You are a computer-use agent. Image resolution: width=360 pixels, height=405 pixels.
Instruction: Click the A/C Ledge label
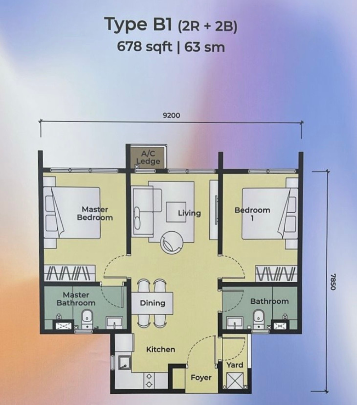(148, 157)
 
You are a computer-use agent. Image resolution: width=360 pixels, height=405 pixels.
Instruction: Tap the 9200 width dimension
(171, 115)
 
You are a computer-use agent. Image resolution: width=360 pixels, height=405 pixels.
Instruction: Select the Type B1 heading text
(138, 25)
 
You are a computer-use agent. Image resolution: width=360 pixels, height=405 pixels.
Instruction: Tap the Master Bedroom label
(95, 213)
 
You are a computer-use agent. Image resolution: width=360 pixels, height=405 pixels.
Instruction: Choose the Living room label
(189, 213)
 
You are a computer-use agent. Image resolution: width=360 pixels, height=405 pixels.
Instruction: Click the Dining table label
(153, 303)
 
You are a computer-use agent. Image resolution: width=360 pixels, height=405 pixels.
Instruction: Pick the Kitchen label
(161, 350)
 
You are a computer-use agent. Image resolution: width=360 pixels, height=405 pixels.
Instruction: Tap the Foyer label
(201, 378)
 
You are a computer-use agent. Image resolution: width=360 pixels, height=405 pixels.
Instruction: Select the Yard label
(235, 365)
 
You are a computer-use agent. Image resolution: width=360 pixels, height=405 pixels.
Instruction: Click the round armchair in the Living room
(172, 242)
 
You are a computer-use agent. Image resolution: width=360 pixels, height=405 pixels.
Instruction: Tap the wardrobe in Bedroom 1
(275, 273)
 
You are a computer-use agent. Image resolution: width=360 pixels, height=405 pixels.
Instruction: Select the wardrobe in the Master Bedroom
(70, 273)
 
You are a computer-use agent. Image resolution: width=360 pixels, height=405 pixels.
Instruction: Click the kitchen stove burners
(149, 380)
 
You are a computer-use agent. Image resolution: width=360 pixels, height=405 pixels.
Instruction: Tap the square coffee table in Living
(176, 212)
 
